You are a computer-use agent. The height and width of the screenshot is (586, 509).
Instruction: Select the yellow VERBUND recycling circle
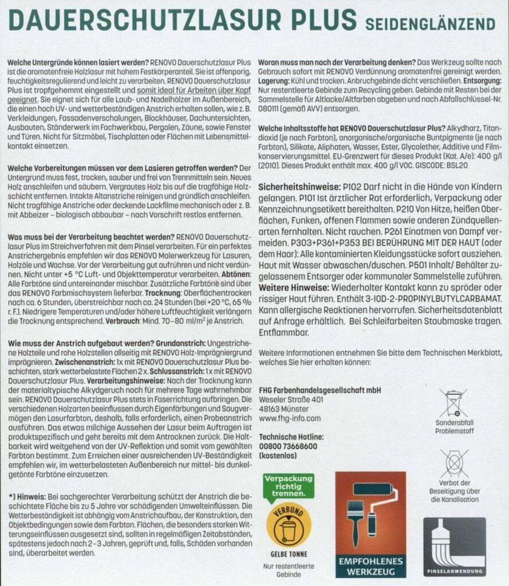coord(289,524)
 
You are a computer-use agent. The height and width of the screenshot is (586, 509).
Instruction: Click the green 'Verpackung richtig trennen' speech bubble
coord(289,485)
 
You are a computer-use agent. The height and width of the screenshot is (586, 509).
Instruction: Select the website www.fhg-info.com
coord(290,418)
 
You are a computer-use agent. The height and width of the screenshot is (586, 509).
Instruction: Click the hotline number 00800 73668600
coord(288,446)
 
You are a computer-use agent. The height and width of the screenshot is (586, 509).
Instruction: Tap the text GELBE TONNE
coord(289,554)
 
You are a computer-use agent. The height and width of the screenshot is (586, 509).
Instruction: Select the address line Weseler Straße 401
coord(291,399)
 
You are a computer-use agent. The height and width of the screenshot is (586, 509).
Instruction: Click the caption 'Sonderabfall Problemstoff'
coord(453,427)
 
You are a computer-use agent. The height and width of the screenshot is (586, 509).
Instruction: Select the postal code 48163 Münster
coord(284,409)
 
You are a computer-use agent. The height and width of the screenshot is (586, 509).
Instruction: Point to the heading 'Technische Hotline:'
coord(292,437)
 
